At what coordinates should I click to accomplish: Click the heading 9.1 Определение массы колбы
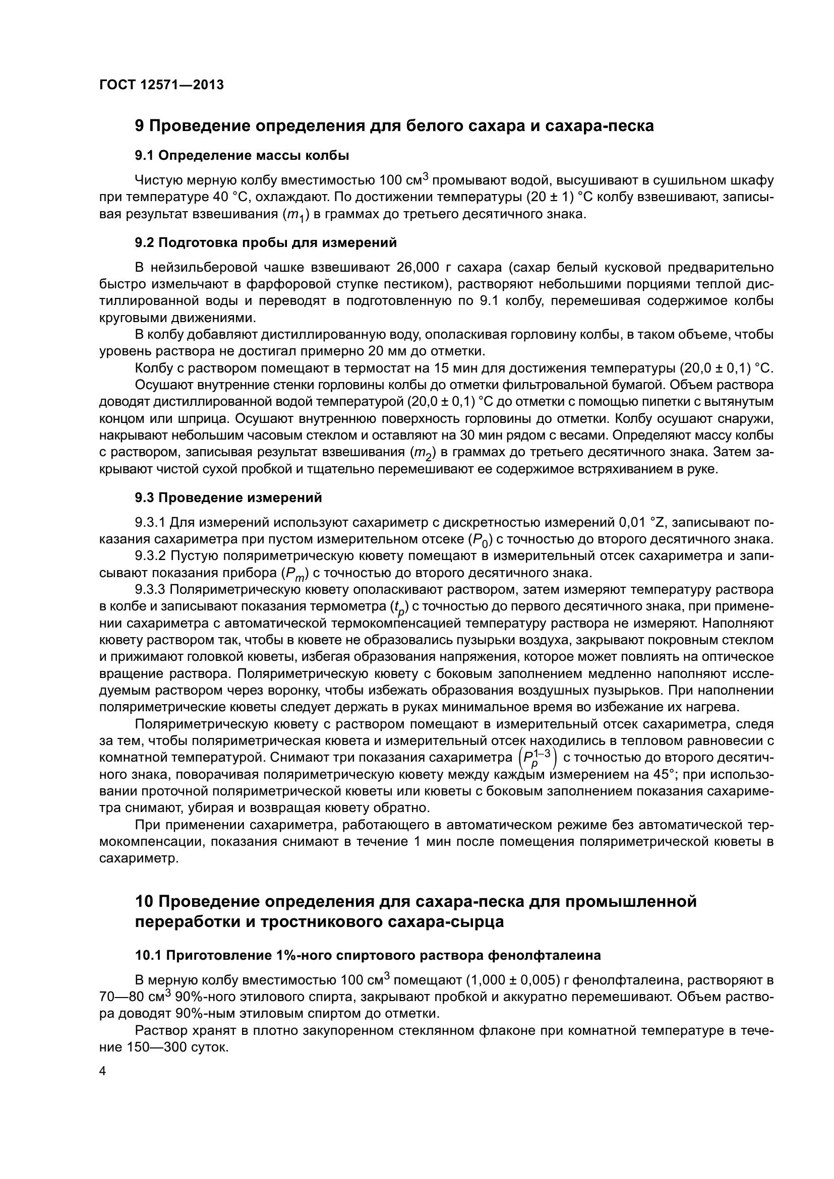[242, 155]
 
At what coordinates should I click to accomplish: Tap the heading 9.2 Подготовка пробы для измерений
[266, 242]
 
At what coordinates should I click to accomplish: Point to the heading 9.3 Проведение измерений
[228, 498]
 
